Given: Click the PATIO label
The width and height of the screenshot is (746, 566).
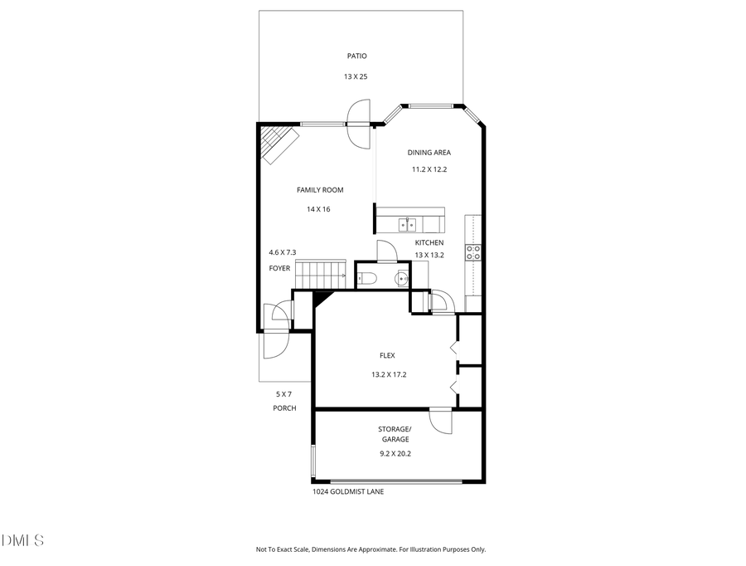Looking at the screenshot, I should [x=356, y=56].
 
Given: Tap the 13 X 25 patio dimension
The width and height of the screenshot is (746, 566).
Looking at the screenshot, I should [x=356, y=76].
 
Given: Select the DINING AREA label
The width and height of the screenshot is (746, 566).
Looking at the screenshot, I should [x=429, y=153].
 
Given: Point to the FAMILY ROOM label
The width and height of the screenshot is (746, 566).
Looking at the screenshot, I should [x=320, y=190].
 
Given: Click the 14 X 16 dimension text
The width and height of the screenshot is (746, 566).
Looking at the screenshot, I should [x=318, y=209].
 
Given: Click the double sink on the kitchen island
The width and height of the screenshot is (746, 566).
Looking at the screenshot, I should [x=408, y=224].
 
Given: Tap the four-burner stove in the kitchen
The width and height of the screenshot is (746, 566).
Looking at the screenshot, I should [x=473, y=252].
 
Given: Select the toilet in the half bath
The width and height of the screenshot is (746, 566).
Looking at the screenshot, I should [x=370, y=278].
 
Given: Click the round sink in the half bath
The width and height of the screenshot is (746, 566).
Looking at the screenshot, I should [x=402, y=278].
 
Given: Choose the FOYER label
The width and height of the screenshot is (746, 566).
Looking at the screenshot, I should [x=279, y=268].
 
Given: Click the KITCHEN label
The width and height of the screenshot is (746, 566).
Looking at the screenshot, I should [x=429, y=242].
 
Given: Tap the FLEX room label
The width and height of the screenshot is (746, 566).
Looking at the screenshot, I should [x=388, y=355].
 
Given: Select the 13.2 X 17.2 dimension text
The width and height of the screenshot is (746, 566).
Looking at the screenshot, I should [x=389, y=374].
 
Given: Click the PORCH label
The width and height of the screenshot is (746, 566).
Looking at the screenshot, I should [x=284, y=408].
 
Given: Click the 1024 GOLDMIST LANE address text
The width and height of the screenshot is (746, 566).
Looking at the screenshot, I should [x=347, y=491].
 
